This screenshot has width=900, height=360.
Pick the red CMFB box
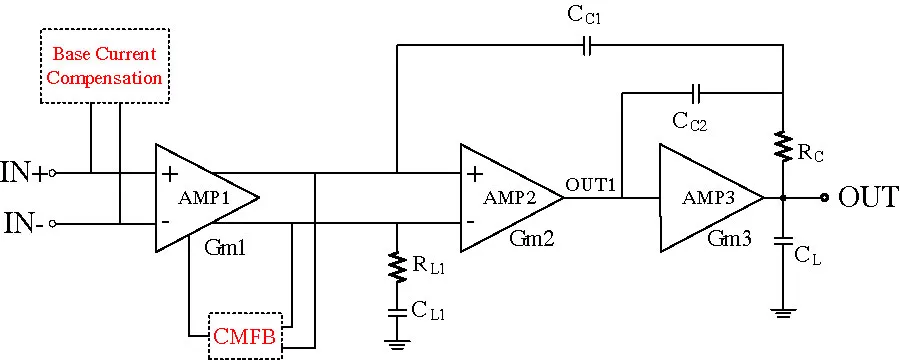coord(246,336)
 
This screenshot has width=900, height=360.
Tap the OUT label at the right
coord(866,198)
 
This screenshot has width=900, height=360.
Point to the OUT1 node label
coord(592,184)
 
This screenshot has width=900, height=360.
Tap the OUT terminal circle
coord(824,197)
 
